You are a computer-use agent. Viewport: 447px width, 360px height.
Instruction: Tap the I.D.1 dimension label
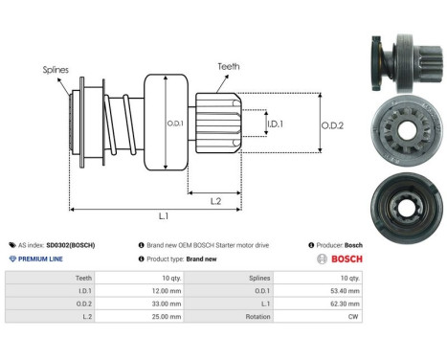pos(274,124)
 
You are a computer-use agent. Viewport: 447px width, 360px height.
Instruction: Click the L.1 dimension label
pos(163,217)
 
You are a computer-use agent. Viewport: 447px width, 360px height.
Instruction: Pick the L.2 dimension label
pos(216,200)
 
